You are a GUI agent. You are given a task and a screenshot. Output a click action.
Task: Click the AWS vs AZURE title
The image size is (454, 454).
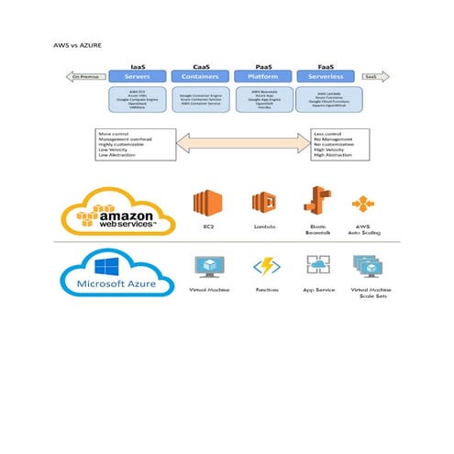pyautogui.click(x=76, y=42)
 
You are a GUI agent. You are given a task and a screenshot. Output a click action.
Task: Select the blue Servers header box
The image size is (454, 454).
pyautogui.click(x=138, y=78)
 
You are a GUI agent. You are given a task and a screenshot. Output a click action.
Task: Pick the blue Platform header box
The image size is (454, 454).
pyautogui.click(x=264, y=78)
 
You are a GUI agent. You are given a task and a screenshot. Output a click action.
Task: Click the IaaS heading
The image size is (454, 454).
pyautogui.click(x=138, y=66)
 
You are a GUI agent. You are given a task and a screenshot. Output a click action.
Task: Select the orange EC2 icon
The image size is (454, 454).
pyautogui.click(x=208, y=204)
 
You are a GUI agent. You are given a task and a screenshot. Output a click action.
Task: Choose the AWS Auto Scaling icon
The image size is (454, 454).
pyautogui.click(x=367, y=205)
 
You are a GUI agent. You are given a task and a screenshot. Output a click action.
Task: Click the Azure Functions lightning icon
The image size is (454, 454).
pyautogui.click(x=266, y=267)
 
